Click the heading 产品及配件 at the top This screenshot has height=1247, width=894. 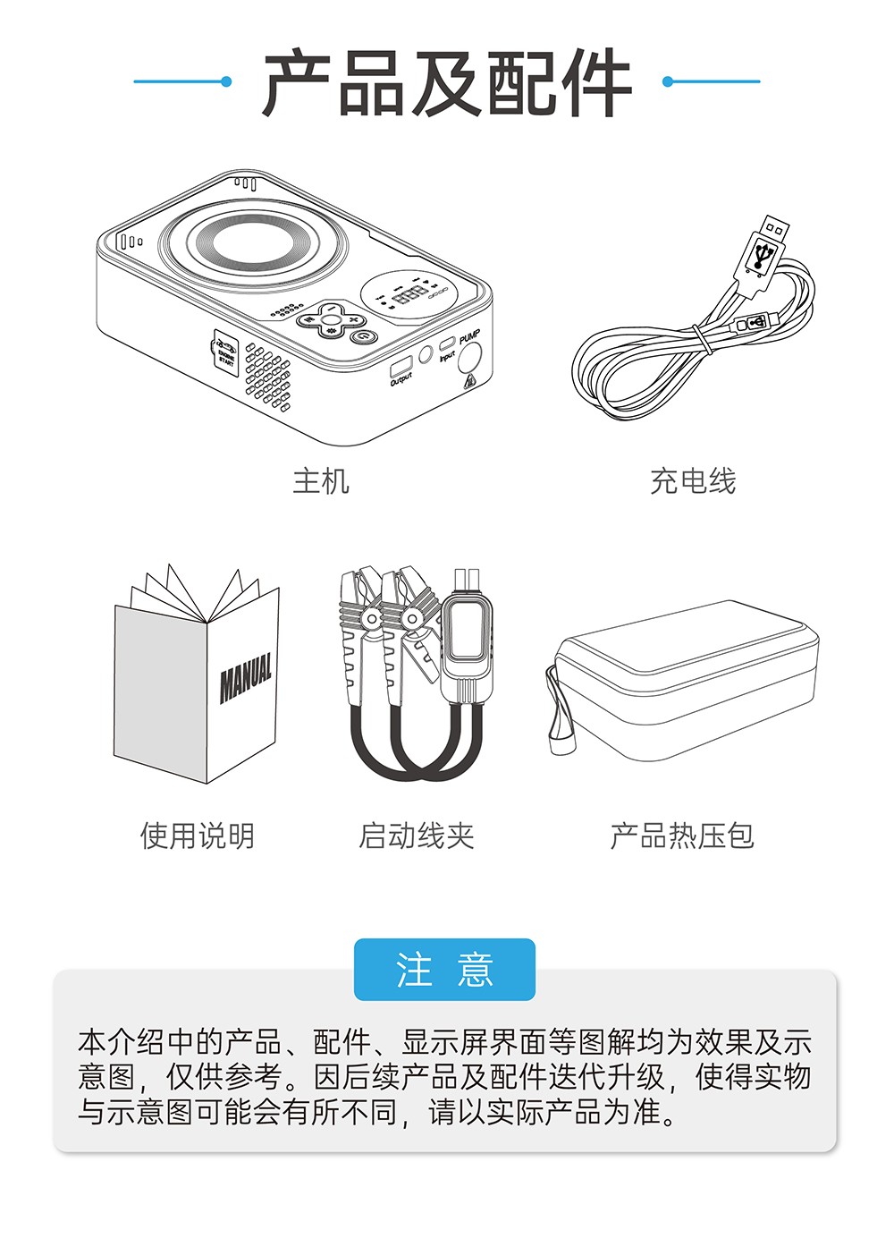[447, 83]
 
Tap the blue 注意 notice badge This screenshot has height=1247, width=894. [444, 970]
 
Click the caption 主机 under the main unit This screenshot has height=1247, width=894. [321, 481]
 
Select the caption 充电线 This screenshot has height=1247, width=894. [693, 481]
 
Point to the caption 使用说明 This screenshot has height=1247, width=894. [198, 836]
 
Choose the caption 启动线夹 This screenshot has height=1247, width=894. [416, 836]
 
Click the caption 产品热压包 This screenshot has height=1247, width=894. [682, 836]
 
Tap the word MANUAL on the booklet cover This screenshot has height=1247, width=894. [246, 677]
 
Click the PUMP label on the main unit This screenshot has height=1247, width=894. [469, 337]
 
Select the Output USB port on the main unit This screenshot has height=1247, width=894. [401, 366]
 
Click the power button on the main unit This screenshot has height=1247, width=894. [363, 337]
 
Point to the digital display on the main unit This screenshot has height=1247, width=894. [410, 294]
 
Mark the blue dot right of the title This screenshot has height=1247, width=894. [667, 81]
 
